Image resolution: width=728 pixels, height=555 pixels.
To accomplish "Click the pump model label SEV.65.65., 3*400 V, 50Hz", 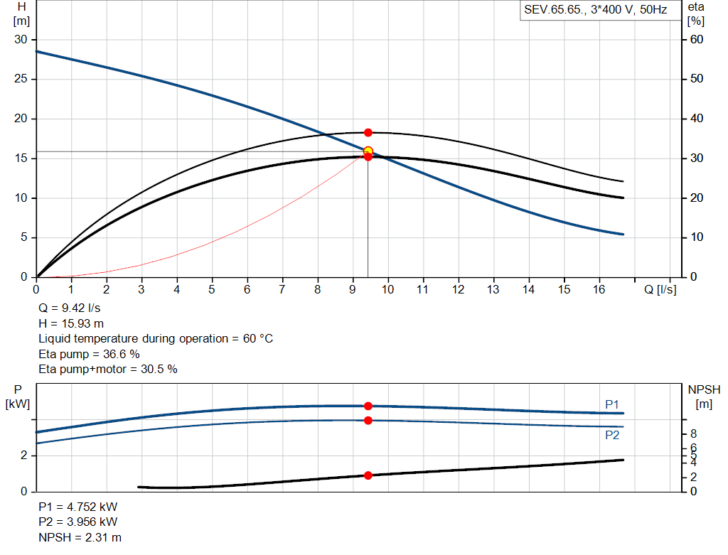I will [x=596, y=11].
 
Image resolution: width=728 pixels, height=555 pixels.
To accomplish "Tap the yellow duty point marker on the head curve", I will [x=368, y=151].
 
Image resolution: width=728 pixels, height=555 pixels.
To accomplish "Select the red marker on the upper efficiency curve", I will [x=368, y=133].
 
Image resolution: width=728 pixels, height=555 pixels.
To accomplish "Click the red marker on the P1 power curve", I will [x=368, y=406].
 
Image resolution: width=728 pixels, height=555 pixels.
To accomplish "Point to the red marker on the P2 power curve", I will [x=368, y=421].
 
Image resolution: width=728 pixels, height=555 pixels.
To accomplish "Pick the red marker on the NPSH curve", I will [x=368, y=475].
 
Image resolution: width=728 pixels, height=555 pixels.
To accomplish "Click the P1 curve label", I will [x=612, y=404].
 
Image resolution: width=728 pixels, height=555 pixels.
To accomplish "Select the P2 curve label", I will [x=612, y=435].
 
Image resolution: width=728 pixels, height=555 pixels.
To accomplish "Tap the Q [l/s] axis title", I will [x=660, y=290].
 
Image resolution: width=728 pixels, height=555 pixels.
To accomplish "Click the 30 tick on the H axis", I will [x=21, y=40].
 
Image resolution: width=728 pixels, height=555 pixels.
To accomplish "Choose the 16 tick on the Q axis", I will [x=599, y=290].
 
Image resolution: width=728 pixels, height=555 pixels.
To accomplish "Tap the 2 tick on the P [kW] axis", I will [x=23, y=456].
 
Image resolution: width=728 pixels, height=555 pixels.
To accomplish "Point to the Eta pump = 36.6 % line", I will [x=89, y=354].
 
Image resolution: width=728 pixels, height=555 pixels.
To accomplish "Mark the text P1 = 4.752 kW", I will [x=78, y=507].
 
